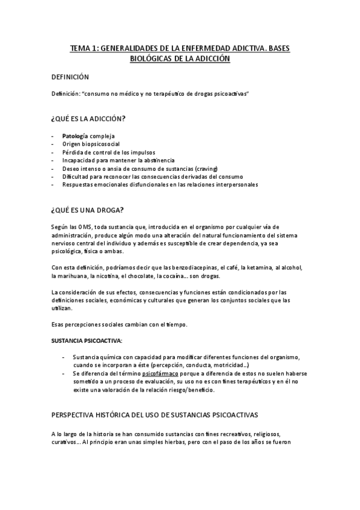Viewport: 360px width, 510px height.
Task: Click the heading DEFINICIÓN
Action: tap(71, 78)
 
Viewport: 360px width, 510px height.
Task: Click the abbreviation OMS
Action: tap(81, 226)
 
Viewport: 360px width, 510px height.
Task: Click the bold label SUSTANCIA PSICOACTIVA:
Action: tap(87, 340)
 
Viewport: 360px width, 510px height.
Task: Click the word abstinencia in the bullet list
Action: tap(156, 161)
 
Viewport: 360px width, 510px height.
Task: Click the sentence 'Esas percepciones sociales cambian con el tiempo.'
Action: tap(120, 325)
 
